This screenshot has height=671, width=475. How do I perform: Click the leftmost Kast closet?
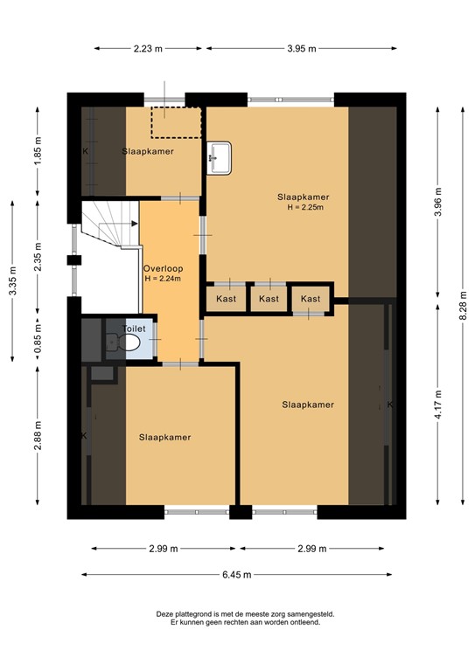click(226, 300)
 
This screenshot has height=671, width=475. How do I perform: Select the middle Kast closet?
click(269, 300)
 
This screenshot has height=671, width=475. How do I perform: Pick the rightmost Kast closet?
click(311, 300)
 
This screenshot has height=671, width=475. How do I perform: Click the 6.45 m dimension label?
click(236, 575)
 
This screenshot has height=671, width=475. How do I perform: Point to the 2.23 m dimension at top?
click(148, 49)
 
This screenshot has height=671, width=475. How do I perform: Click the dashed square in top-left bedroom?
click(176, 122)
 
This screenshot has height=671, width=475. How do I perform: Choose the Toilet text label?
click(134, 329)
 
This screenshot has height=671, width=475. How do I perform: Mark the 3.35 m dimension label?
click(12, 280)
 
